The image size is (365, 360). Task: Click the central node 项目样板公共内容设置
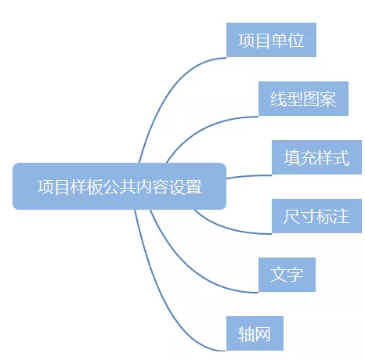coord(119,186)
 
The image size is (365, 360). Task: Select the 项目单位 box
coord(271,40)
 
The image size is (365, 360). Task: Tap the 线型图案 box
coord(303,99)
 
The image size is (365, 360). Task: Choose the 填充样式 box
coord(316,157)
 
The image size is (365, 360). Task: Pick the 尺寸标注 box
coord(316,216)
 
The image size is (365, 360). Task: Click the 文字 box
coord(287,275)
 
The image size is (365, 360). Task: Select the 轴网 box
coord(255,333)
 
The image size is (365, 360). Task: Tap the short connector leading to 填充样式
coord(249,175)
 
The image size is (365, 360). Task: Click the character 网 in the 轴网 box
coord(262,333)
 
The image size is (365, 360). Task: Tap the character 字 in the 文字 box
coord(295,275)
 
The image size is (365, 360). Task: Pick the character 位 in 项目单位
coord(296,40)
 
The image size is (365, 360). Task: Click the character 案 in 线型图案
coord(328,99)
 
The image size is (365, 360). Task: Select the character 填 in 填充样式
coord(292,157)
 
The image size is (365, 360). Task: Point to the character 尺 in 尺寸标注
coord(292,216)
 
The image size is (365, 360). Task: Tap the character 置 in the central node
coord(193,186)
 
